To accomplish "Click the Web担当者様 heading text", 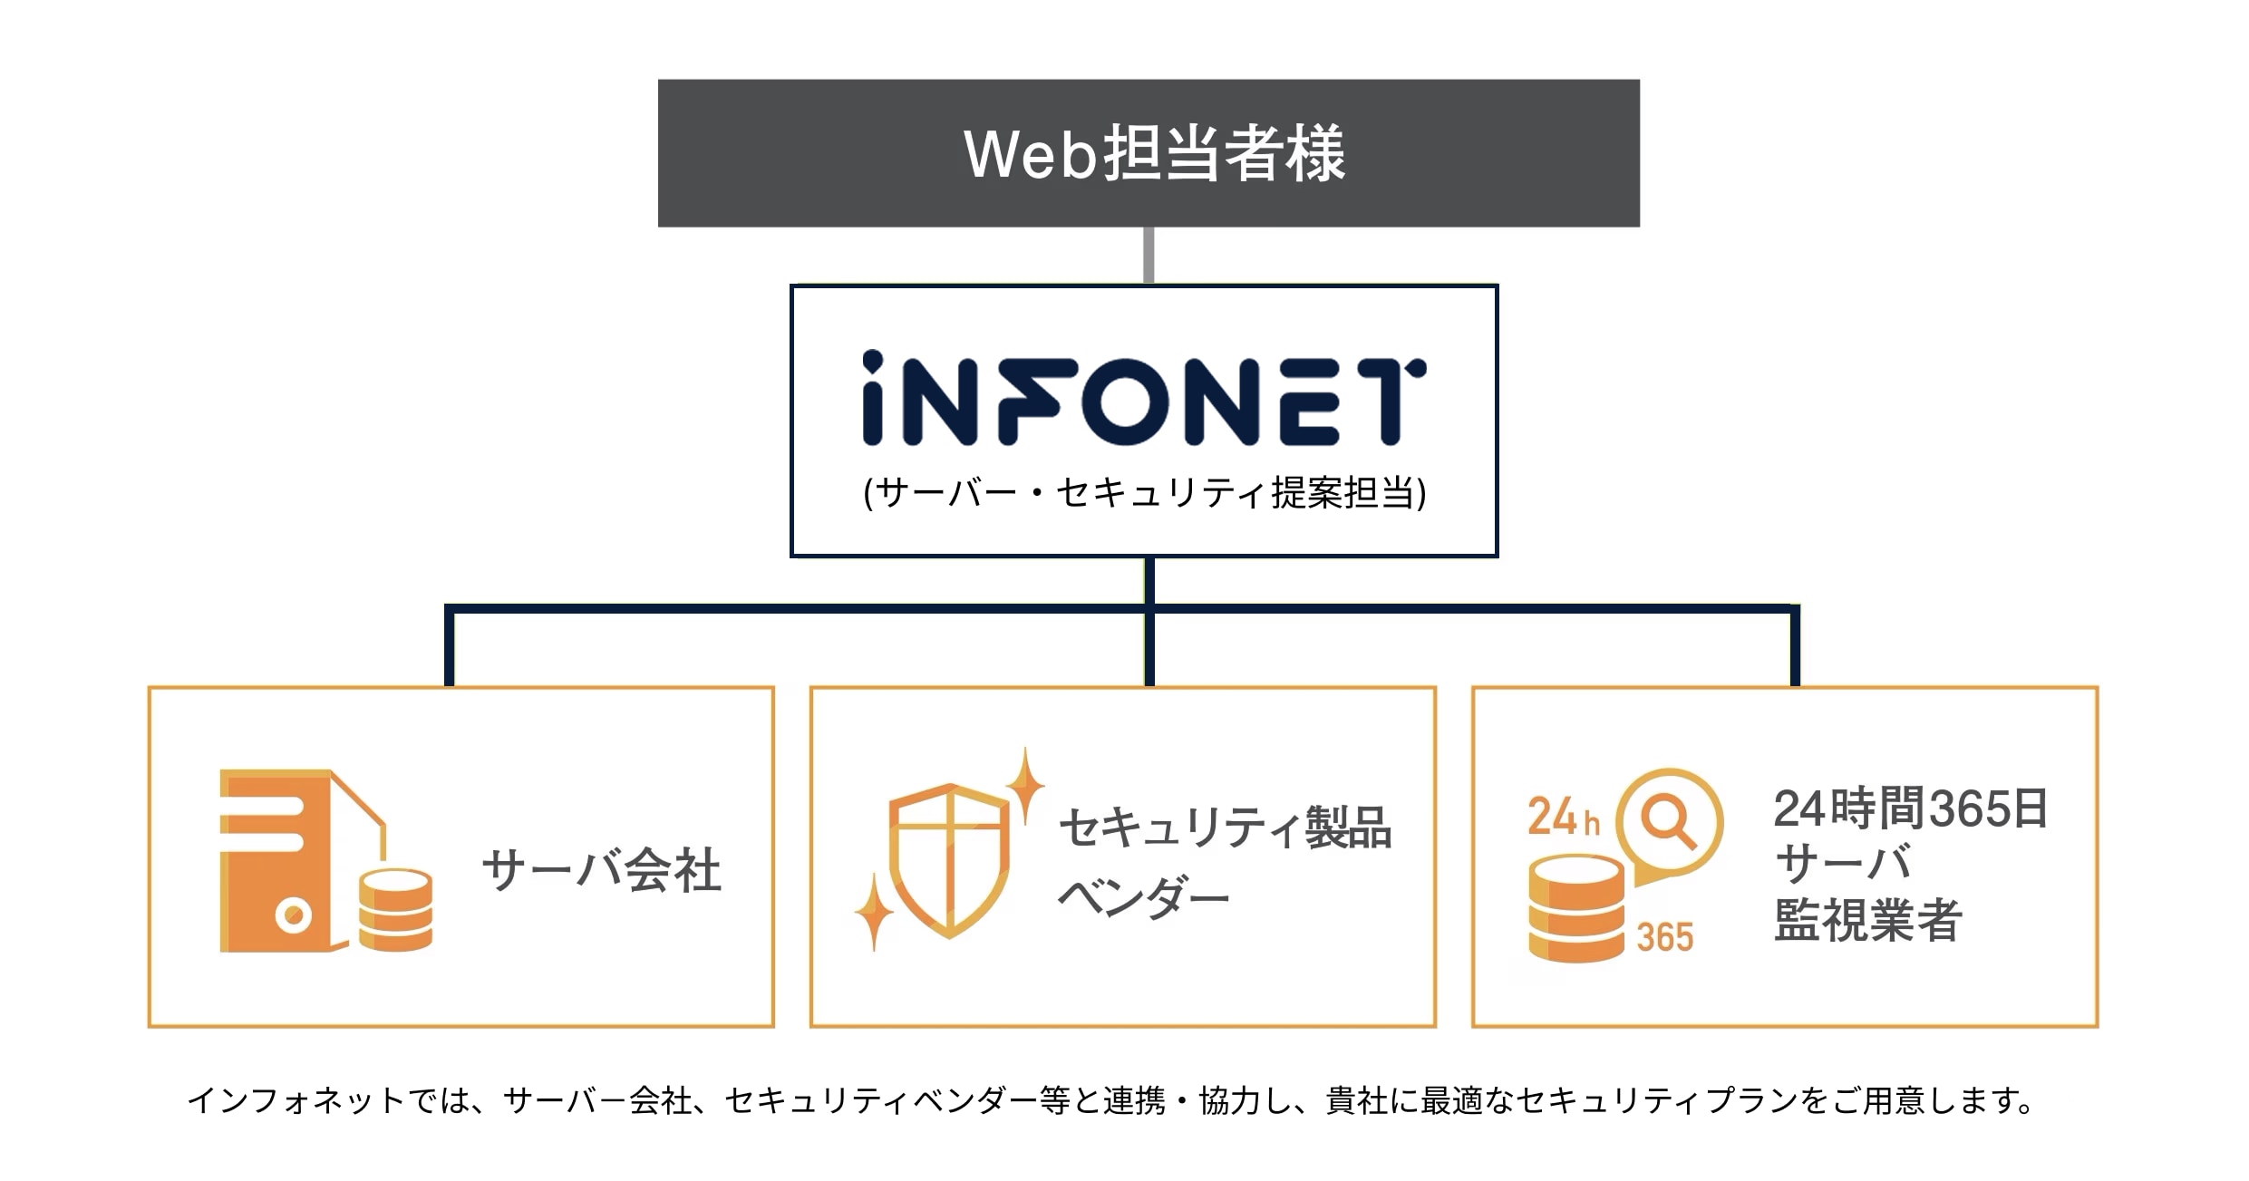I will (1153, 154).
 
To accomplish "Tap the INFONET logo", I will (1144, 400).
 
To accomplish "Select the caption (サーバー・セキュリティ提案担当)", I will (1144, 493).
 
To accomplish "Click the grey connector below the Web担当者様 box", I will (1149, 255).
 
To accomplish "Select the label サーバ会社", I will (601, 870).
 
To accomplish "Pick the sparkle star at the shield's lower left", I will (874, 911).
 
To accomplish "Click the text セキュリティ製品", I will (1225, 828).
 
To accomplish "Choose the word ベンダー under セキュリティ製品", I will (1143, 898).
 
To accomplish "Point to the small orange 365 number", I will (1664, 937).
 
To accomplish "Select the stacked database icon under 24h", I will (1575, 908).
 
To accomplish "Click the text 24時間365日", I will (1910, 808).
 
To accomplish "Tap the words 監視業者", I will (1867, 921).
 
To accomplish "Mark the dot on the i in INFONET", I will (872, 361).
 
